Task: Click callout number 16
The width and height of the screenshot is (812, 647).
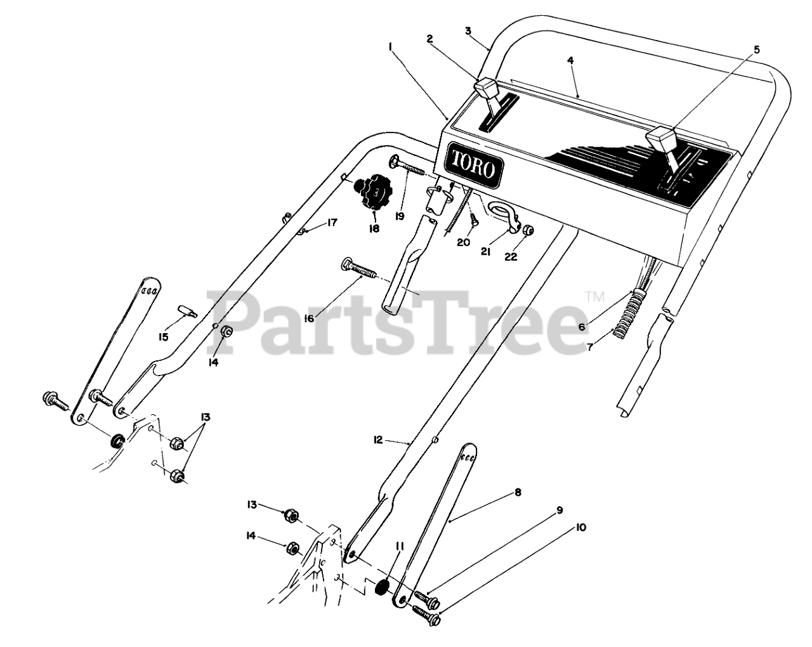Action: [x=309, y=318]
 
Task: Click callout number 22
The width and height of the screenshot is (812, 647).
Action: [x=511, y=256]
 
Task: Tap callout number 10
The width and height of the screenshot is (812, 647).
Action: [x=580, y=527]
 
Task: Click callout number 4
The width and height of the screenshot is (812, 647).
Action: [x=570, y=60]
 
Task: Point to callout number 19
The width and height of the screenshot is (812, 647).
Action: [x=400, y=216]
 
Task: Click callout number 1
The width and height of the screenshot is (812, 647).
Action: [x=390, y=46]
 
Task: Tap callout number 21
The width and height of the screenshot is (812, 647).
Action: [x=487, y=251]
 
